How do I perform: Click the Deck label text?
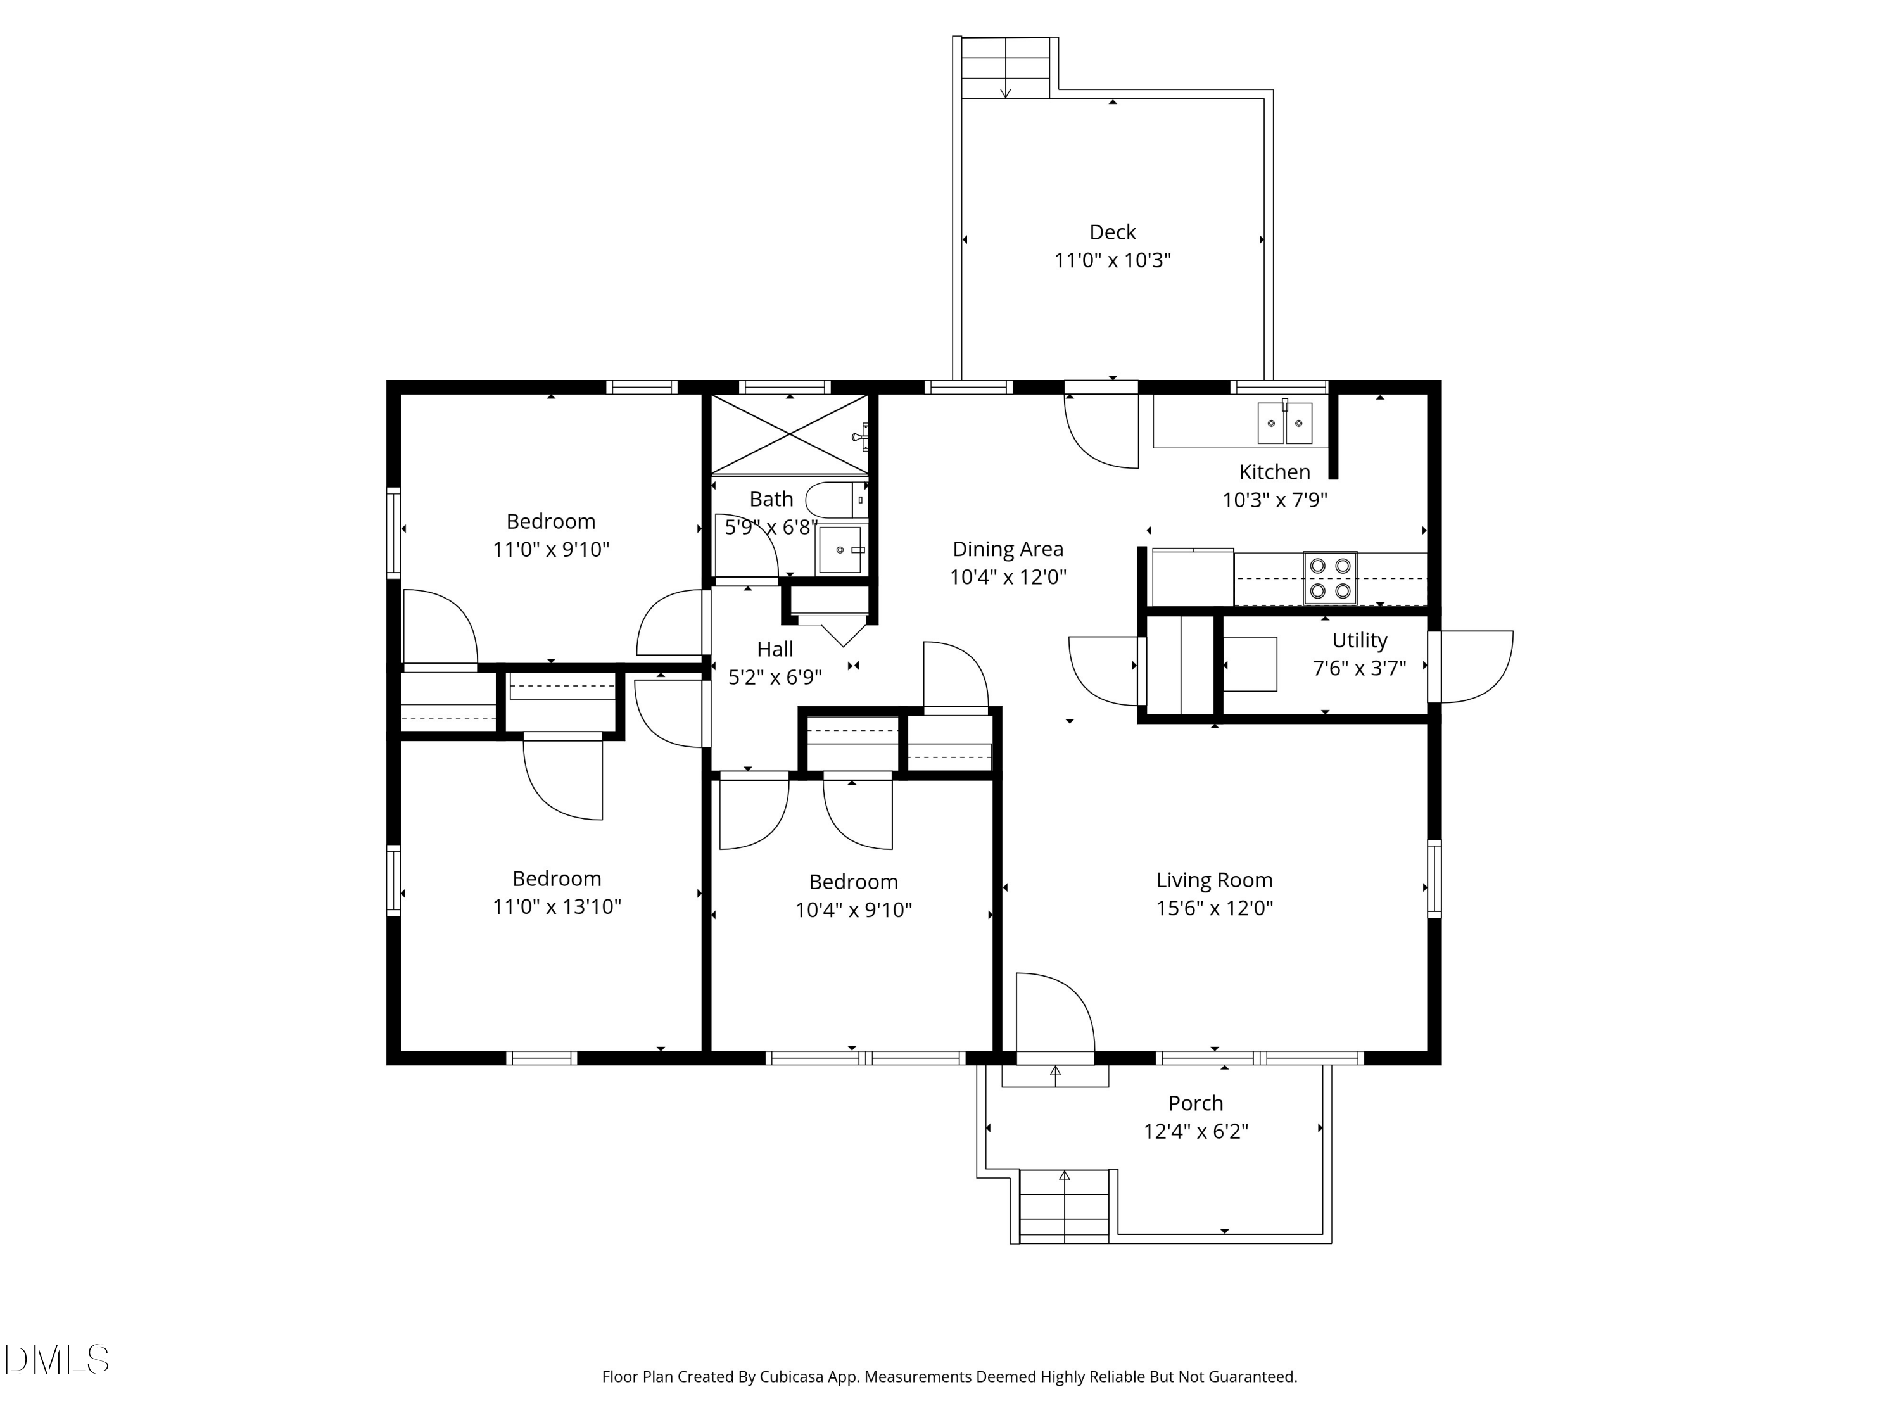1112,232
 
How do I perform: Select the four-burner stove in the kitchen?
1329,577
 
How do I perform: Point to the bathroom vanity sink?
840,550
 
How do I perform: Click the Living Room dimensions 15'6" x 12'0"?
1213,908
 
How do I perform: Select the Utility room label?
1359,640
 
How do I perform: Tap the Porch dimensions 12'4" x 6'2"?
1195,1131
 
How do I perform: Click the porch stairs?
1063,1205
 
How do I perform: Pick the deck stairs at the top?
1006,68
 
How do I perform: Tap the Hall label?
775,649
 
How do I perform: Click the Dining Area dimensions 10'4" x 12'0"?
1008,577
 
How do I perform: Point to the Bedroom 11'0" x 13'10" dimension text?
557,907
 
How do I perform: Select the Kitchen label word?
1274,472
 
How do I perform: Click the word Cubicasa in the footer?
790,1377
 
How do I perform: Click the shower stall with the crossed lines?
788,434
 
